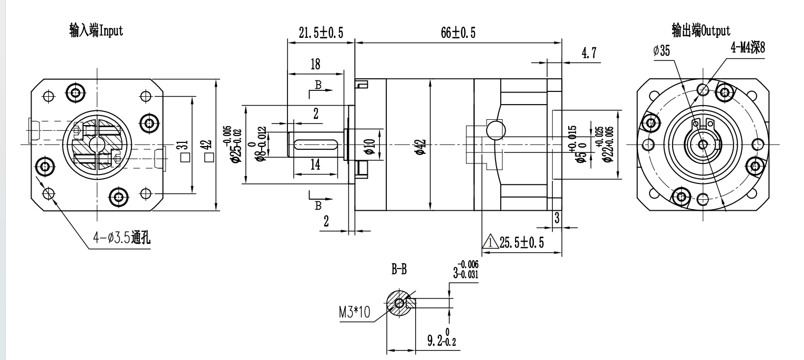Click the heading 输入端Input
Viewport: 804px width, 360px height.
96,30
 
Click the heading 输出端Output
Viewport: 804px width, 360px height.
700,30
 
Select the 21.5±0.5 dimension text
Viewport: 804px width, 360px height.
321,33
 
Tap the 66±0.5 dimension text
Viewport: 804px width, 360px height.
458,33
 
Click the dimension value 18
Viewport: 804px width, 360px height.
315,65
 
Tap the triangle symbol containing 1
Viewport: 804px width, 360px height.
490,242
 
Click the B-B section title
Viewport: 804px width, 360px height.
399,270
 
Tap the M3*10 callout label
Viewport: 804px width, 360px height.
355,313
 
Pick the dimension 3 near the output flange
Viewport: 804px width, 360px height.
557,217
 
